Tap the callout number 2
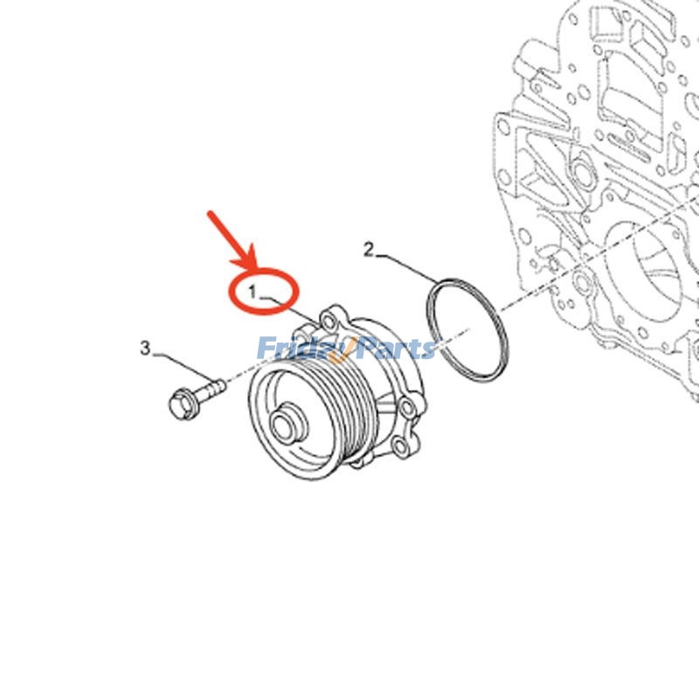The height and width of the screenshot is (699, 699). coord(369,251)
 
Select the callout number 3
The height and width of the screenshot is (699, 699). coord(145,349)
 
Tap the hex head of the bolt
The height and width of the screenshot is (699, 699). coord(181,402)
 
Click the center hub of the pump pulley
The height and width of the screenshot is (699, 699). coord(286,426)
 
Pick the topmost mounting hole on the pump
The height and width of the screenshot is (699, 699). coord(331,315)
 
